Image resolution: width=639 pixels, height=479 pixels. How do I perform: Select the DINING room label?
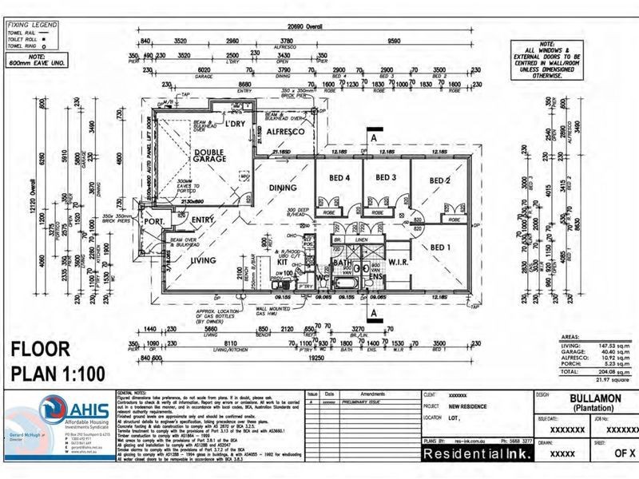[283, 188]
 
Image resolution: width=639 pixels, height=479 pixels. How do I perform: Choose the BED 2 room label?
[441, 181]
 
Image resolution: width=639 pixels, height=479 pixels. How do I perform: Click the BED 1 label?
[440, 247]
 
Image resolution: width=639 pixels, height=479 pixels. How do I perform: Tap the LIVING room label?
[202, 260]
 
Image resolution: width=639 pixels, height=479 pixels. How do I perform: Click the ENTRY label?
[202, 221]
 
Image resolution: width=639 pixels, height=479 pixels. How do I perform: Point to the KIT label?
[281, 260]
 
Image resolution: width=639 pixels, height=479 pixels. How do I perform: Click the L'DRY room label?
[234, 125]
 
